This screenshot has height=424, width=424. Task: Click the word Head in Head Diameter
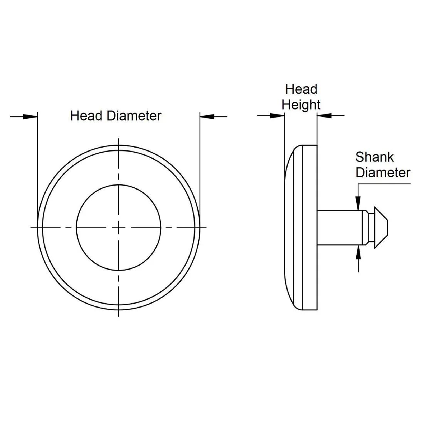tap(86, 116)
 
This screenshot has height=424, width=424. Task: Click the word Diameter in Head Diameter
tap(134, 116)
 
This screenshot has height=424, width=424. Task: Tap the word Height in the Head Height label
tap(301, 105)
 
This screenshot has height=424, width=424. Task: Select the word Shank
tap(374, 157)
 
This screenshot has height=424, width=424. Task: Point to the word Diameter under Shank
tap(383, 173)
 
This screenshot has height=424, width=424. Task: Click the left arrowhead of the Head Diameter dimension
tap(30, 117)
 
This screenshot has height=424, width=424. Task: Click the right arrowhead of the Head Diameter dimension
tap(207, 117)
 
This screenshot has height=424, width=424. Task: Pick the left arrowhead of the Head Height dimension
tap(278, 116)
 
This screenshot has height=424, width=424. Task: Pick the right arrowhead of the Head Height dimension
tap(324, 116)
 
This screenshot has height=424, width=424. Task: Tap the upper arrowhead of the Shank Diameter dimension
tap(358, 203)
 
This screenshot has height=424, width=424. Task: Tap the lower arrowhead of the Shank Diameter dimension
tap(358, 252)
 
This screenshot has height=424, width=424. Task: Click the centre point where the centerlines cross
tap(118, 227)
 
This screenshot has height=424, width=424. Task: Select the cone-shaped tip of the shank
tap(381, 227)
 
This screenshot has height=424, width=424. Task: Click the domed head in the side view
tap(301, 227)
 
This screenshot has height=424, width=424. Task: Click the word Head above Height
tap(301, 89)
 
